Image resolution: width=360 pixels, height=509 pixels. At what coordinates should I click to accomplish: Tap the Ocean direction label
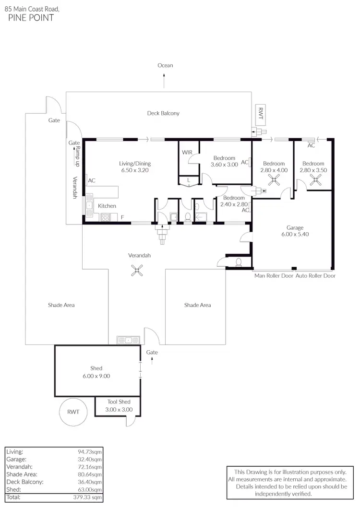(x=165, y=65)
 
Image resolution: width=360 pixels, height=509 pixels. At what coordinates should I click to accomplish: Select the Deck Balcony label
(x=163, y=113)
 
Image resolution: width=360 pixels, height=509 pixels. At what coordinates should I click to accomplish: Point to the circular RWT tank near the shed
(x=73, y=412)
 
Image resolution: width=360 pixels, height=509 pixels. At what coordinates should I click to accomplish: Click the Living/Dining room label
(x=134, y=164)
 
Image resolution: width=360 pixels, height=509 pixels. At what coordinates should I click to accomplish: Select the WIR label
(x=187, y=152)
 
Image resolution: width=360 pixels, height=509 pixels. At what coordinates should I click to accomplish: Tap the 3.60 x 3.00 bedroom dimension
(x=224, y=165)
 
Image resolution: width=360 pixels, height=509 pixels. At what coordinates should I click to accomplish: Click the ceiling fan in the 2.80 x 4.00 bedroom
(x=275, y=180)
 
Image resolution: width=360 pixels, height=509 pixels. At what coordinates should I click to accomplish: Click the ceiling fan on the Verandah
(x=137, y=271)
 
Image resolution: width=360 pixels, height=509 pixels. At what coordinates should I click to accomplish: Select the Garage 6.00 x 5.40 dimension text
(x=295, y=235)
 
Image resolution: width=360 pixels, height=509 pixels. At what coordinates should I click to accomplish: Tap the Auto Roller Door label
(x=315, y=276)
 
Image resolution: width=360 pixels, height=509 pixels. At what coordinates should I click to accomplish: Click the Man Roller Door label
(x=273, y=276)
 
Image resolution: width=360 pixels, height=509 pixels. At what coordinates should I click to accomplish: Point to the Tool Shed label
(x=119, y=402)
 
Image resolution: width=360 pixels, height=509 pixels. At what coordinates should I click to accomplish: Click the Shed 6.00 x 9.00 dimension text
(x=96, y=376)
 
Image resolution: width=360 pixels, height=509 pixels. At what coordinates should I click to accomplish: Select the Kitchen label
(x=107, y=206)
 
